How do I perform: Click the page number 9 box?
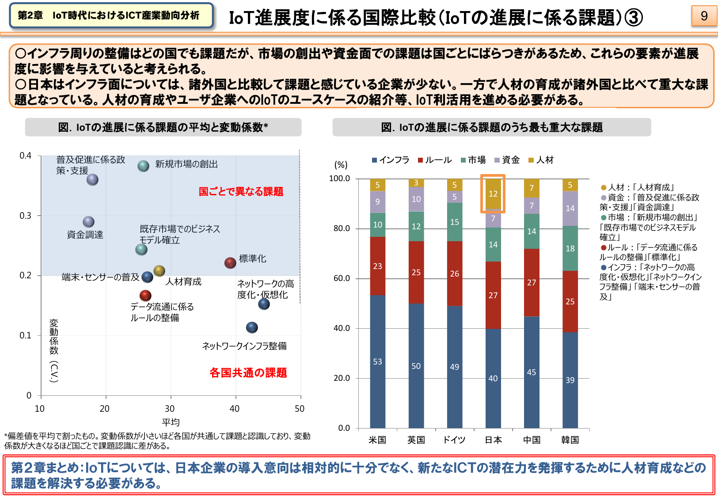click(704, 16)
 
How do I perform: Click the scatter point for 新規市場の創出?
click(143, 166)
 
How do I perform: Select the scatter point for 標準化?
click(230, 263)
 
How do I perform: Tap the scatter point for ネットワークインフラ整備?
click(252, 327)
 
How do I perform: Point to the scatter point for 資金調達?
click(88, 222)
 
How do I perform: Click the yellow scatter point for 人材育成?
click(159, 271)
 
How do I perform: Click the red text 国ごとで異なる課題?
click(241, 191)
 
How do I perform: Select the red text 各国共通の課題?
click(248, 372)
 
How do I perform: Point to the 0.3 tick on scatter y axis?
click(26, 216)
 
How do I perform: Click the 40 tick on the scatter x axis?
click(235, 409)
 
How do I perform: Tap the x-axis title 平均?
click(171, 422)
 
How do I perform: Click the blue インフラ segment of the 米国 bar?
click(377, 361)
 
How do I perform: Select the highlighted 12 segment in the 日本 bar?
click(493, 194)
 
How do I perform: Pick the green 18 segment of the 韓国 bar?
click(570, 248)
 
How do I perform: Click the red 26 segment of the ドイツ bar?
click(454, 273)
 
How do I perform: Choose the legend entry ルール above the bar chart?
click(435, 160)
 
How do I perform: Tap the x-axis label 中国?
click(532, 440)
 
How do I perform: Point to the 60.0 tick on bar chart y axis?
click(342, 278)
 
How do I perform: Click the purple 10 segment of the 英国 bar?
click(416, 199)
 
